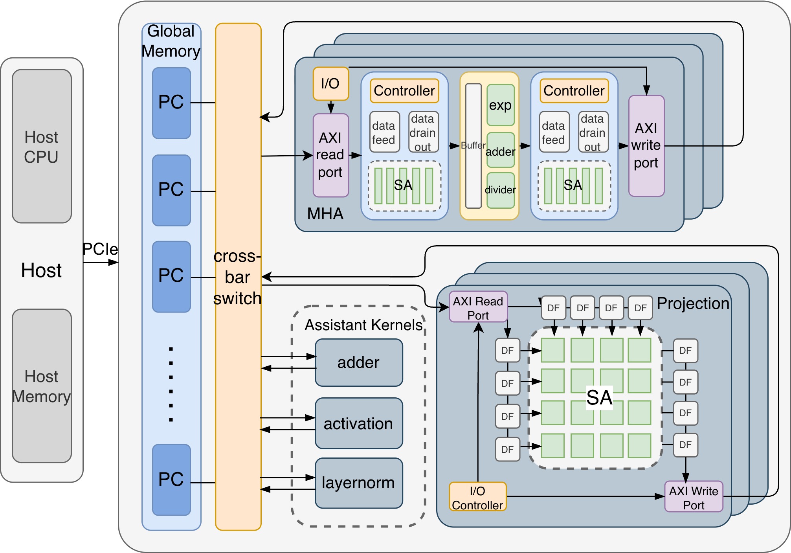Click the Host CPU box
[42, 146]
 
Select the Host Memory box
[42, 386]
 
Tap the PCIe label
[100, 249]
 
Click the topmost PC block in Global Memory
[171, 103]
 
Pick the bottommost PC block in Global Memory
[171, 480]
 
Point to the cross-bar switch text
[238, 277]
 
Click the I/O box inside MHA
[330, 84]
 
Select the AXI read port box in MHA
[330, 155]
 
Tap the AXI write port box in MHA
[646, 146]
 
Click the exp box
[500, 105]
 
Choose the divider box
[500, 190]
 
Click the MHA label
[325, 214]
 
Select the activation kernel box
[359, 423]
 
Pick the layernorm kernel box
[359, 483]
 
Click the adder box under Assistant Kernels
[359, 362]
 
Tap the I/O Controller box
[478, 497]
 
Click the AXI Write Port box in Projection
[694, 497]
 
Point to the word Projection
[693, 303]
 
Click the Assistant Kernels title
[363, 325]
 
